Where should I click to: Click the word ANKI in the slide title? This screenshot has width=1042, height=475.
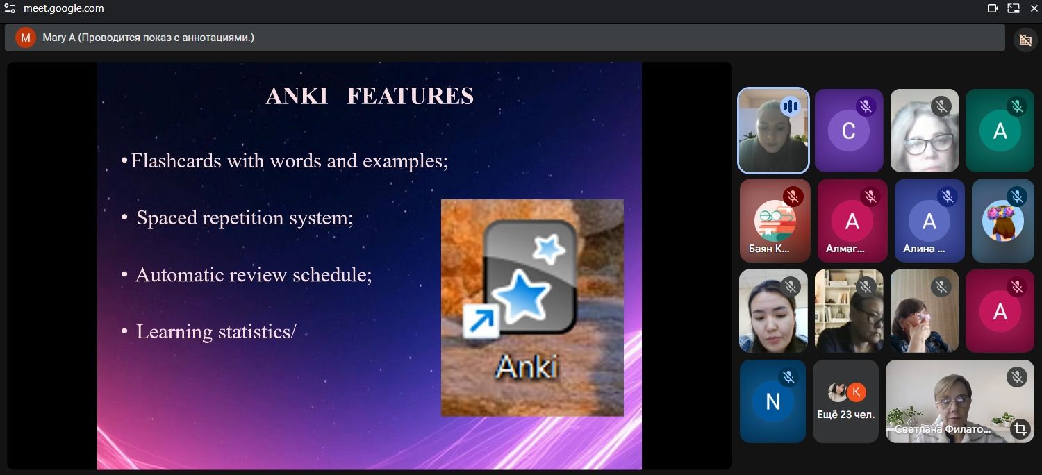coord(297,96)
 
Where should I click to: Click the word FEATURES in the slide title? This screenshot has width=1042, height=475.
coord(411,96)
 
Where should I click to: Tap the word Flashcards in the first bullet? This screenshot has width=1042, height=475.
coord(176,160)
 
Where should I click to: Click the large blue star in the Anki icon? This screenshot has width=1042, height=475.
coord(521,296)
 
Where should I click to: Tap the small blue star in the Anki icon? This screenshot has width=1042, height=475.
coord(549,249)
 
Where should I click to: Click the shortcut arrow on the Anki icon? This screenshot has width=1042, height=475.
coord(481,321)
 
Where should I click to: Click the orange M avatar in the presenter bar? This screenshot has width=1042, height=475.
coord(26,37)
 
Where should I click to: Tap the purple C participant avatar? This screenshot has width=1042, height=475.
coord(848,131)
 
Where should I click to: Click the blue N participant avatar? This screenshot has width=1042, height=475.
coord(772,401)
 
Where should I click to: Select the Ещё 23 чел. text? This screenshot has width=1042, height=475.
coord(845,415)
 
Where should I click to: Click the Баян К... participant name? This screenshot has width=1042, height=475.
coord(769,249)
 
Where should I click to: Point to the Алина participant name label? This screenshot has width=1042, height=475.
coord(924,249)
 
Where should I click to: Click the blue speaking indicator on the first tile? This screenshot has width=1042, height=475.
coord(791,106)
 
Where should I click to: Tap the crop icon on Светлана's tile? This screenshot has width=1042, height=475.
coord(1020,428)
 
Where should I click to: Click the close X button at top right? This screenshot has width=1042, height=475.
coord(1034,8)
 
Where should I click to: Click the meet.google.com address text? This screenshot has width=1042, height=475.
coord(64,8)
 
